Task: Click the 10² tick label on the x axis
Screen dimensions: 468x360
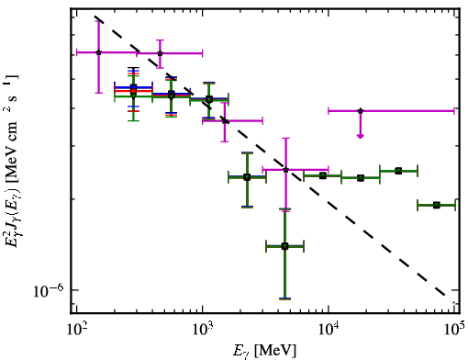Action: click(76, 331)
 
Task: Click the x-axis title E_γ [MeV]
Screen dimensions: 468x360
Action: click(264, 351)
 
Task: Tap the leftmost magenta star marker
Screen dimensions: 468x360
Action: click(98, 52)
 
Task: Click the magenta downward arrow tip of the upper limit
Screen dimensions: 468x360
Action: click(361, 137)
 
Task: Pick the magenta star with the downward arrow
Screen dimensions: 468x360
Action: click(361, 111)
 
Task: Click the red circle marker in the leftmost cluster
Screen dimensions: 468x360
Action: click(133, 91)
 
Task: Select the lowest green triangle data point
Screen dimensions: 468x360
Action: click(284, 246)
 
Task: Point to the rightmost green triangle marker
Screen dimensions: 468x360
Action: click(437, 205)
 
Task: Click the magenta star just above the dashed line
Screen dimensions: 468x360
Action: click(160, 53)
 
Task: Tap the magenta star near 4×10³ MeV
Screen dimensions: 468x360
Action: click(285, 170)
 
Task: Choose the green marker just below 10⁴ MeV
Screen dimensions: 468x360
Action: click(323, 175)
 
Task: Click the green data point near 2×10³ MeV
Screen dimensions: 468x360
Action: click(247, 177)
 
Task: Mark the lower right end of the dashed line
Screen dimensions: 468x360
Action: click(444, 296)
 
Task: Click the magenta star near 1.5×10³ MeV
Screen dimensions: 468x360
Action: click(225, 120)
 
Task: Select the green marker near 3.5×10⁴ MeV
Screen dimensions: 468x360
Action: click(398, 171)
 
